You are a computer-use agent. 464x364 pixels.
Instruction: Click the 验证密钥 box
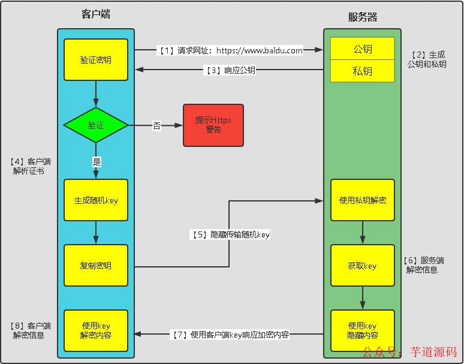(x=96, y=60)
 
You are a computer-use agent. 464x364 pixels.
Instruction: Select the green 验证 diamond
(x=96, y=125)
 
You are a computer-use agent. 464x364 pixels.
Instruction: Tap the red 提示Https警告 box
(x=213, y=125)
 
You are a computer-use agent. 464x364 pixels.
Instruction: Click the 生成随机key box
(x=96, y=200)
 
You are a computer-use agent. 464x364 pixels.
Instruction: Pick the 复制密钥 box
(x=96, y=265)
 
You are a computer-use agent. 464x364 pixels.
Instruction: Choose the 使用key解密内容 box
(x=96, y=330)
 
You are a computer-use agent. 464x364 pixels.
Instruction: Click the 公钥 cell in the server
(x=362, y=49)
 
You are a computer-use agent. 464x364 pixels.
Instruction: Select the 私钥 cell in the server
(x=362, y=71)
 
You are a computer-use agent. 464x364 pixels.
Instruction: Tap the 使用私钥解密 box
(x=362, y=200)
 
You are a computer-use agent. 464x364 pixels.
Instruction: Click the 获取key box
(x=362, y=265)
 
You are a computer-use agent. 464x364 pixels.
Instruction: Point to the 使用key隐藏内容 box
(x=362, y=330)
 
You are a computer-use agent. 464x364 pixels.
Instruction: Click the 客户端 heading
(x=96, y=14)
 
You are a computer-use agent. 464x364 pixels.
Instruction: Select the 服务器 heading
(x=363, y=17)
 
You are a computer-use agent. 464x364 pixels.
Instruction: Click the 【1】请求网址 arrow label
(x=230, y=51)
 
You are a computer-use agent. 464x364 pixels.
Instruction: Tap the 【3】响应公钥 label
(x=230, y=70)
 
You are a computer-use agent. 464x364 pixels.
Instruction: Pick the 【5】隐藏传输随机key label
(x=230, y=235)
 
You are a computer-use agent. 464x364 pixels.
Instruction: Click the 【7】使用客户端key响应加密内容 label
(x=230, y=335)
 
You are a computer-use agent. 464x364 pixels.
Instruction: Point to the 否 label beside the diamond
(x=156, y=126)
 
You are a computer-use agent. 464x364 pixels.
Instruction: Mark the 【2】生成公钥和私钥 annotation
(x=427, y=59)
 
